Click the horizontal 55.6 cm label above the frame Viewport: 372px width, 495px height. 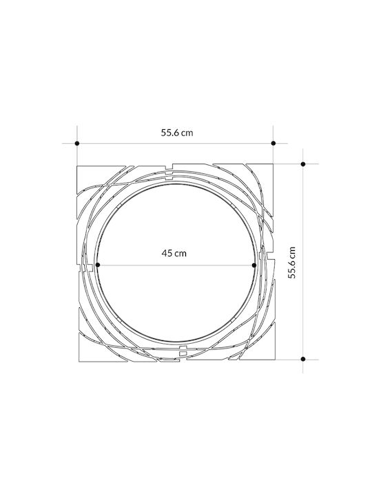177,133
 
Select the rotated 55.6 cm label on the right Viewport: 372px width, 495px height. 291,263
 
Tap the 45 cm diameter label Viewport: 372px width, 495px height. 174,253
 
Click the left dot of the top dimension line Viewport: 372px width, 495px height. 77,143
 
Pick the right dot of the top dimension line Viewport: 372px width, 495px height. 273,143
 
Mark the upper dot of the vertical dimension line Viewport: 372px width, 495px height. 303,164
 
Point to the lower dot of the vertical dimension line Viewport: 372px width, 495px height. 303,359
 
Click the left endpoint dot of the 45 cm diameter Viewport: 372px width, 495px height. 98,265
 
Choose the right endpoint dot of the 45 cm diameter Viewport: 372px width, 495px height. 254,265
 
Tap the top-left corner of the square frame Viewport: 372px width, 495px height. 77,166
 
